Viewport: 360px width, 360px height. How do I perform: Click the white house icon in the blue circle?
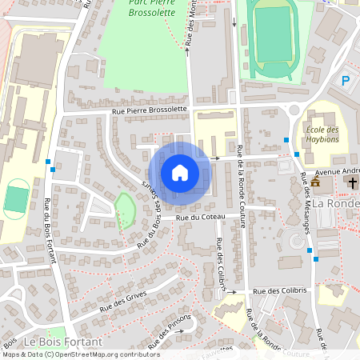point(179,172)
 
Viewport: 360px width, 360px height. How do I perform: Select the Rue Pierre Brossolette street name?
point(150,109)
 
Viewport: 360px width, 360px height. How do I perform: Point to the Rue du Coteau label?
point(198,216)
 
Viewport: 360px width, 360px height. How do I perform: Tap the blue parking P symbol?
point(346,80)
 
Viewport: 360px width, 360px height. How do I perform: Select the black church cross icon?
point(352,183)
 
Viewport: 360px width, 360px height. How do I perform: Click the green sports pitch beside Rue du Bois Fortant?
point(15,199)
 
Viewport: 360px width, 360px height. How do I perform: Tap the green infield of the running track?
point(274,35)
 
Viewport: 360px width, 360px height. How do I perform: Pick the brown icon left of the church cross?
point(315,183)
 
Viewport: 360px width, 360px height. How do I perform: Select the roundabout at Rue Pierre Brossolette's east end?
point(294,110)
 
